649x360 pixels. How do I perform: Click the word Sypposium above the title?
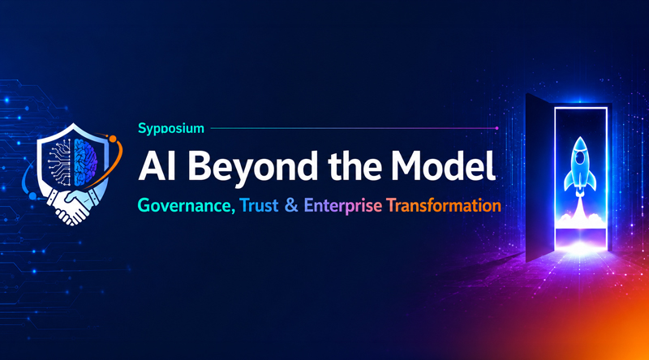point(171,129)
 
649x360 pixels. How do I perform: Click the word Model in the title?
point(444,165)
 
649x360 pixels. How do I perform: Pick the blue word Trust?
point(259,205)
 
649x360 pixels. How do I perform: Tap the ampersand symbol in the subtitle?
point(291,205)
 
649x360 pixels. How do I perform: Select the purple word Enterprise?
point(342,206)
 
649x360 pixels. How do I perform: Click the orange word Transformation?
point(443,205)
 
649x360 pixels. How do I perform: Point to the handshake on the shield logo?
point(73,205)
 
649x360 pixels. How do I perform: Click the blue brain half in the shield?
point(85,161)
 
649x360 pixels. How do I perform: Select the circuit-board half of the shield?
point(62,161)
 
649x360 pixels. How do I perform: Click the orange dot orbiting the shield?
point(112,138)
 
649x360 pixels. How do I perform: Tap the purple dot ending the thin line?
point(496,128)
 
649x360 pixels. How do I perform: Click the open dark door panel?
point(540,178)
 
